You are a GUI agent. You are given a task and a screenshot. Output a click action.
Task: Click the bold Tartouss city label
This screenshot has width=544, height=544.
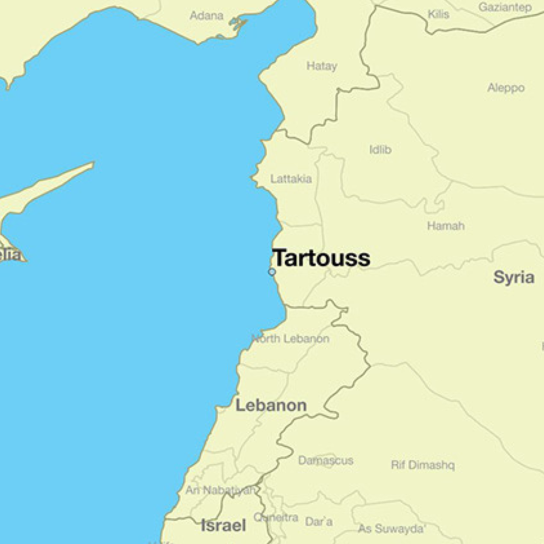click(321, 258)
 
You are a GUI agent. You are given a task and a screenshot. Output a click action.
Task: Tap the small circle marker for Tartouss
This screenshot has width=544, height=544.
click(272, 272)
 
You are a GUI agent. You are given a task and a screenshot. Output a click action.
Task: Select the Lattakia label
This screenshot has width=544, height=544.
click(291, 179)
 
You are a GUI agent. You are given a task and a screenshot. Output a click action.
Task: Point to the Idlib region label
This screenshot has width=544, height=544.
click(380, 150)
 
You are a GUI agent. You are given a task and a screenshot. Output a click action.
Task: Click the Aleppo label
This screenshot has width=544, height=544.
click(506, 88)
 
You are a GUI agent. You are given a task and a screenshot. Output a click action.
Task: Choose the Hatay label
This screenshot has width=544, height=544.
click(322, 66)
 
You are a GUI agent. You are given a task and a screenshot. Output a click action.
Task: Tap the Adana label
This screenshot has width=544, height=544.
click(207, 15)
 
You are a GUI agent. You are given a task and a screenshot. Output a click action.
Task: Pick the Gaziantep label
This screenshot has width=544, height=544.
click(505, 7)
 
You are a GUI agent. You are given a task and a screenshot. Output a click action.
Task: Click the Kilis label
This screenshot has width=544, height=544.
click(439, 14)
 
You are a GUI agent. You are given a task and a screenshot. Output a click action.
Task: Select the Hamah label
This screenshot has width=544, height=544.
click(446, 226)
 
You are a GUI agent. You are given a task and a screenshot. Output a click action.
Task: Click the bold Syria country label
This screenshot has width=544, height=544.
click(514, 277)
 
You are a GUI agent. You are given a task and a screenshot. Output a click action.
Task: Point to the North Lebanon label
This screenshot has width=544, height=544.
click(291, 338)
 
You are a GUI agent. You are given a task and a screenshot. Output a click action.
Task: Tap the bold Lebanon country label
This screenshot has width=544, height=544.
click(271, 405)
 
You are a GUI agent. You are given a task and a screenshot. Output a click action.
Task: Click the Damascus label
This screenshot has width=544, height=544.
click(326, 460)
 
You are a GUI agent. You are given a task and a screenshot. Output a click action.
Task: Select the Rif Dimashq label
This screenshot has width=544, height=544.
click(423, 465)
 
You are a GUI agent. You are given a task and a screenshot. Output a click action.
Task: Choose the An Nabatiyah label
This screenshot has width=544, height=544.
click(220, 490)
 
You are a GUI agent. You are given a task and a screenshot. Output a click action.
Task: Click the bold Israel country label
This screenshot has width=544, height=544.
click(223, 525)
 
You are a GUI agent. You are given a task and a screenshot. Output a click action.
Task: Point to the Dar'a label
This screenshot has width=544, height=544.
click(319, 522)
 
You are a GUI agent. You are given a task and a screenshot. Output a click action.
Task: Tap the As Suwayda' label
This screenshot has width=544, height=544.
click(392, 529)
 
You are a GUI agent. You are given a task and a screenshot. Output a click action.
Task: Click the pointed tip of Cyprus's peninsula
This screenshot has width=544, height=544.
click(93, 164)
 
